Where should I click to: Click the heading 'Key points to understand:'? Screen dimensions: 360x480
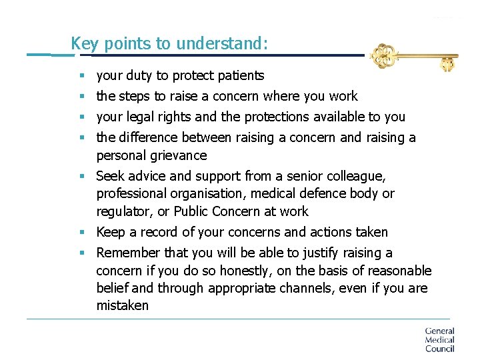pos(169,44)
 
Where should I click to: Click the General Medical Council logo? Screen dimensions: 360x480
pos(439,339)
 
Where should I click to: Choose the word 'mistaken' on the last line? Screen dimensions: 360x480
pos(123,306)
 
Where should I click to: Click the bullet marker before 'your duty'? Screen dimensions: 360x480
pos(81,76)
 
